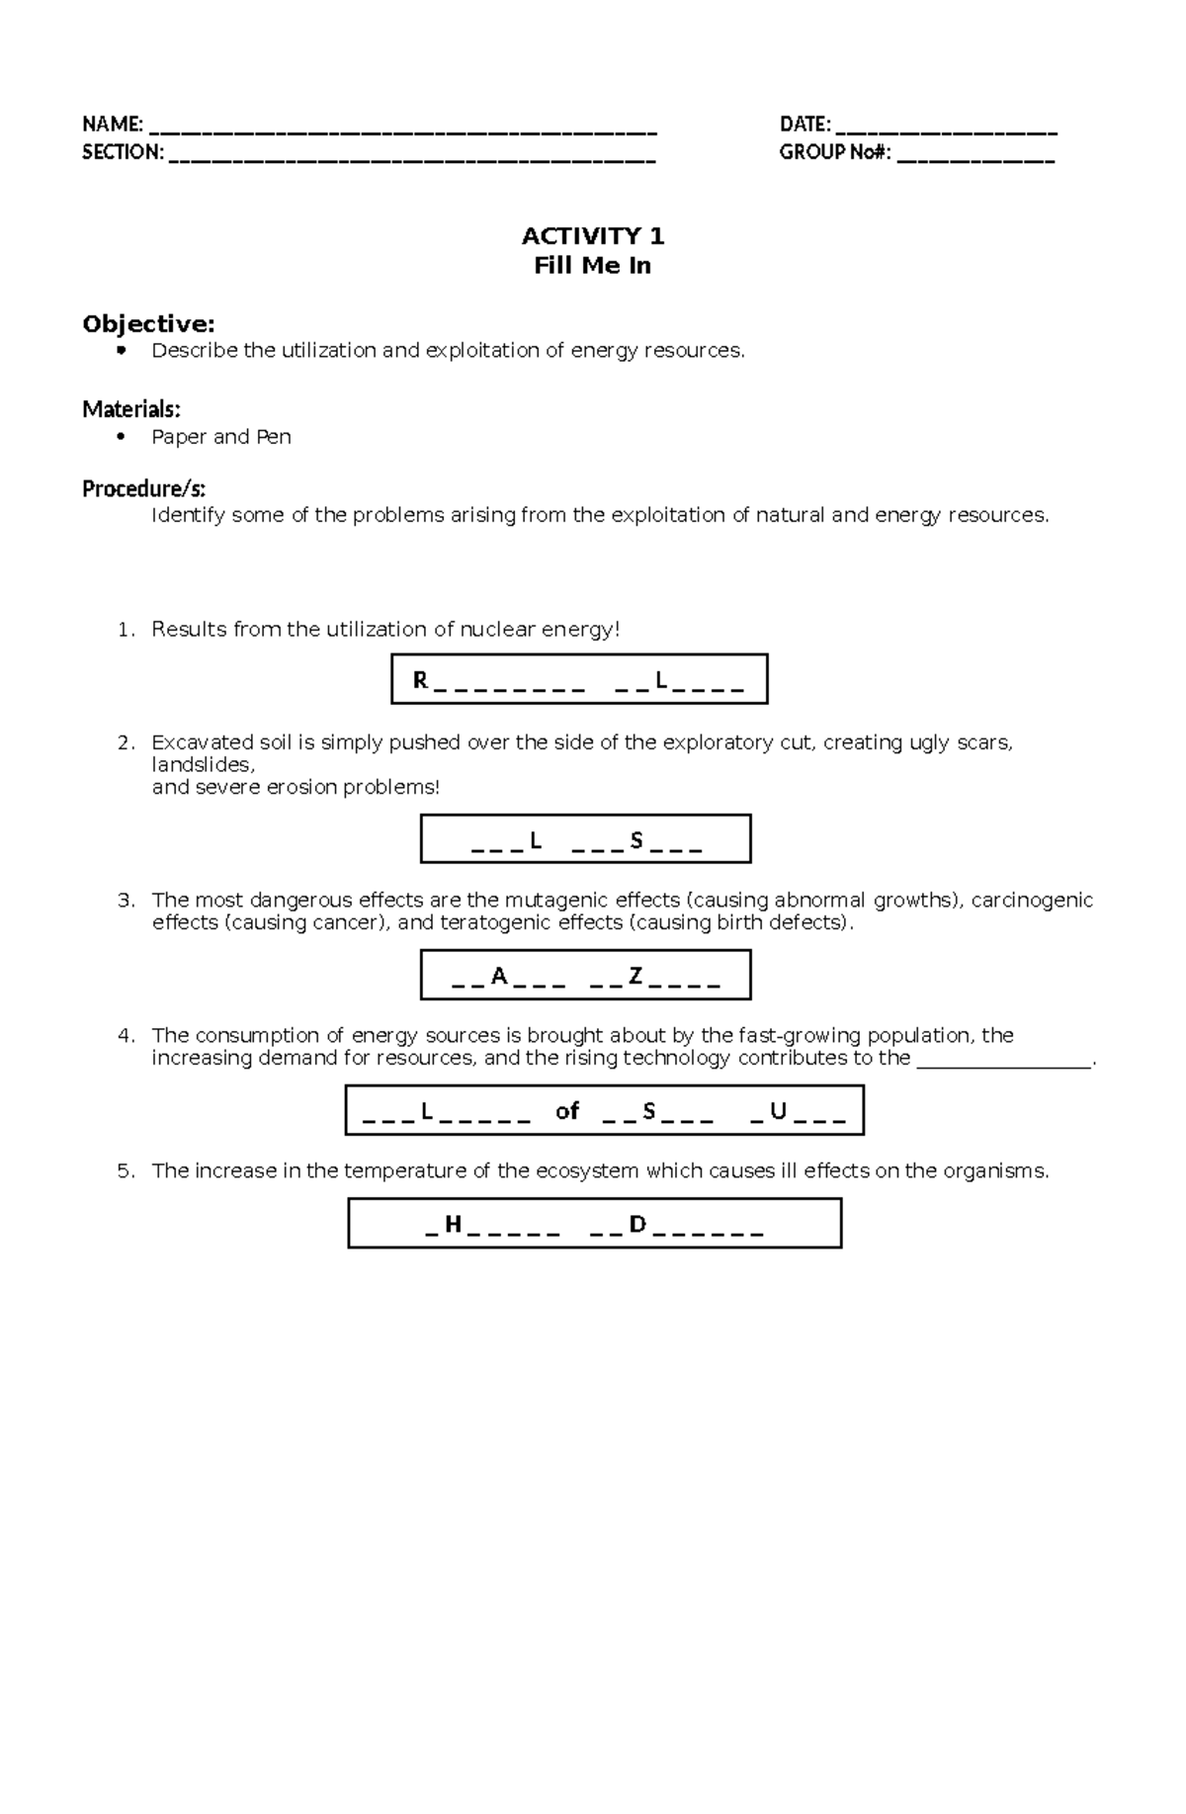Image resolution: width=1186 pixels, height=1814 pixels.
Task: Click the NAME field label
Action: tap(112, 125)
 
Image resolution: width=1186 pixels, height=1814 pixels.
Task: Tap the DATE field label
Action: tap(804, 125)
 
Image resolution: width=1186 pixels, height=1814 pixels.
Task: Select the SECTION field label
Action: tap(122, 152)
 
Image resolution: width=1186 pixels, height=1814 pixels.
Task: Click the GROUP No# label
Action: tap(835, 152)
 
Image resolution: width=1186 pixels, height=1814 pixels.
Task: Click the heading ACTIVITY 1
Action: tap(593, 236)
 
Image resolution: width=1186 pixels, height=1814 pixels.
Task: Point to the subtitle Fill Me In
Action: tap(592, 266)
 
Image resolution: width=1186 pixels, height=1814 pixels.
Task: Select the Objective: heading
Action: tap(148, 324)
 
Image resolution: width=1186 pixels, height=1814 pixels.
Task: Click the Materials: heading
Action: tap(130, 409)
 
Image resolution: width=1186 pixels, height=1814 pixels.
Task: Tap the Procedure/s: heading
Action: tap(143, 488)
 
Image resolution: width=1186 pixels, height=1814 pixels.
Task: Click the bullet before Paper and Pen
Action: tap(122, 436)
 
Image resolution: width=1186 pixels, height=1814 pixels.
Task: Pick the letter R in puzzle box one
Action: tap(420, 681)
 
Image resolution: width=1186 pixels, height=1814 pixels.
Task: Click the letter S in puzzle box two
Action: tap(635, 841)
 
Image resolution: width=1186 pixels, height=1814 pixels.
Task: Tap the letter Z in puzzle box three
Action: tap(635, 977)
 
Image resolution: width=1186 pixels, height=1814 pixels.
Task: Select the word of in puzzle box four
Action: tap(567, 1111)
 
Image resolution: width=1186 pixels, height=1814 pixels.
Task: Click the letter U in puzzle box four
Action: tap(778, 1112)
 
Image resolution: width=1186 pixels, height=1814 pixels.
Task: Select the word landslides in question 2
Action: tap(202, 765)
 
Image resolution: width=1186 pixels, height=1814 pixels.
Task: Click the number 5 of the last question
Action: tap(124, 1171)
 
